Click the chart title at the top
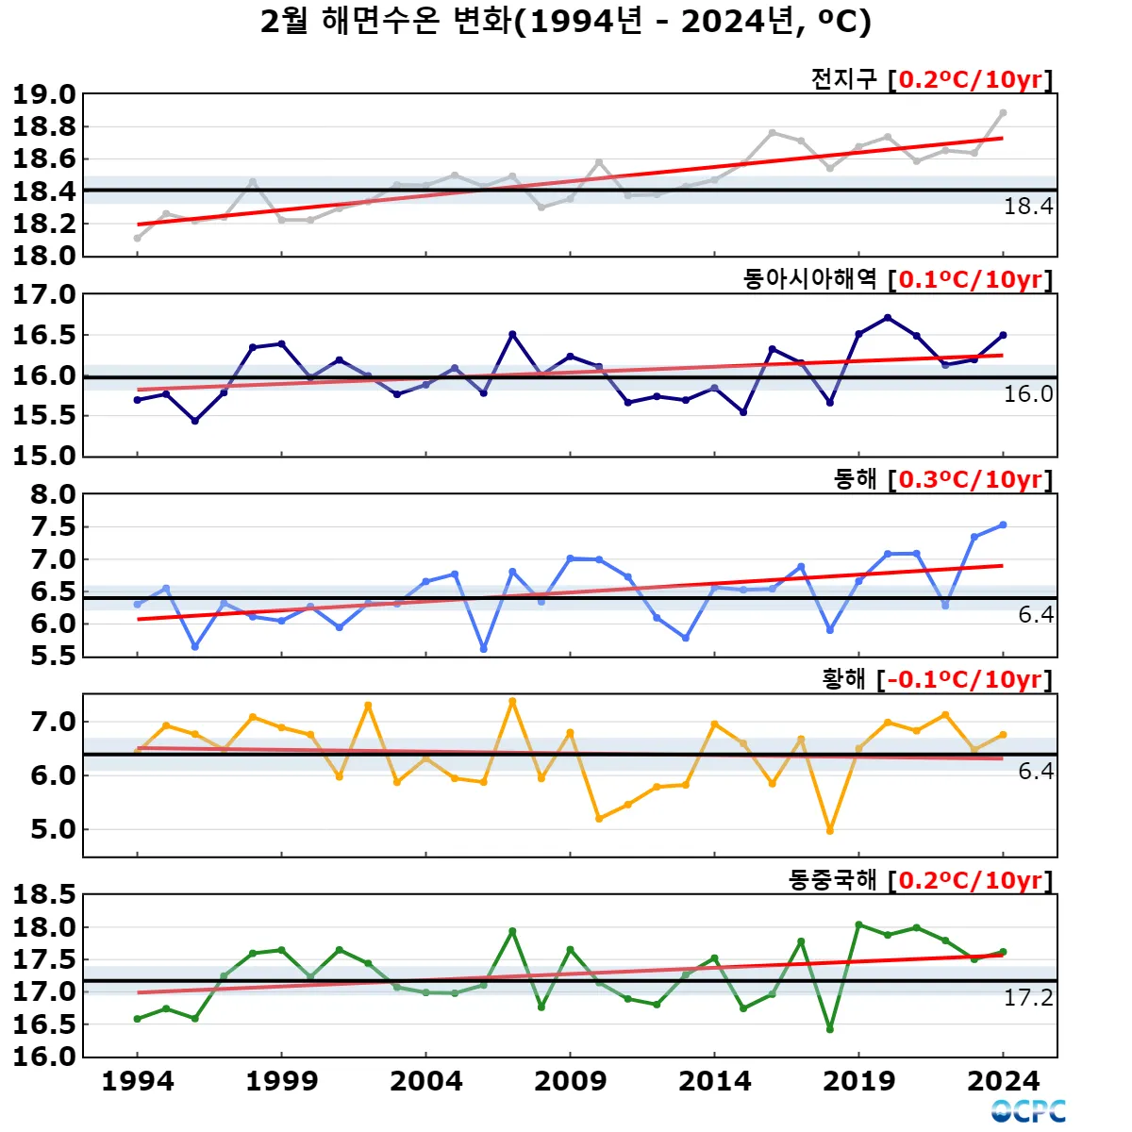point(566,21)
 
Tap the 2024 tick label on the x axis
point(1003,1081)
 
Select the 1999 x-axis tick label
point(281,1081)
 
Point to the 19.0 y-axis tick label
point(43,94)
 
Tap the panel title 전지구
point(843,78)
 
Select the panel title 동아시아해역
point(809,279)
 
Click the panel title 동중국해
point(832,880)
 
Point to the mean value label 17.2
point(1027,998)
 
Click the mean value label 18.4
point(1027,207)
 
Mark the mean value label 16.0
point(1027,394)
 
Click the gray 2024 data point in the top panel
point(1003,112)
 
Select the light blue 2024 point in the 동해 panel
point(1003,524)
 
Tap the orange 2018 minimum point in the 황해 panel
point(830,831)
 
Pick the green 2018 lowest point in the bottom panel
point(830,1029)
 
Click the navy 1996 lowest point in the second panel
point(195,421)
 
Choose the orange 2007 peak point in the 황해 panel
point(512,701)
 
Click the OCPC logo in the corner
point(1028,1111)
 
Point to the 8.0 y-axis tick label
point(53,494)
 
